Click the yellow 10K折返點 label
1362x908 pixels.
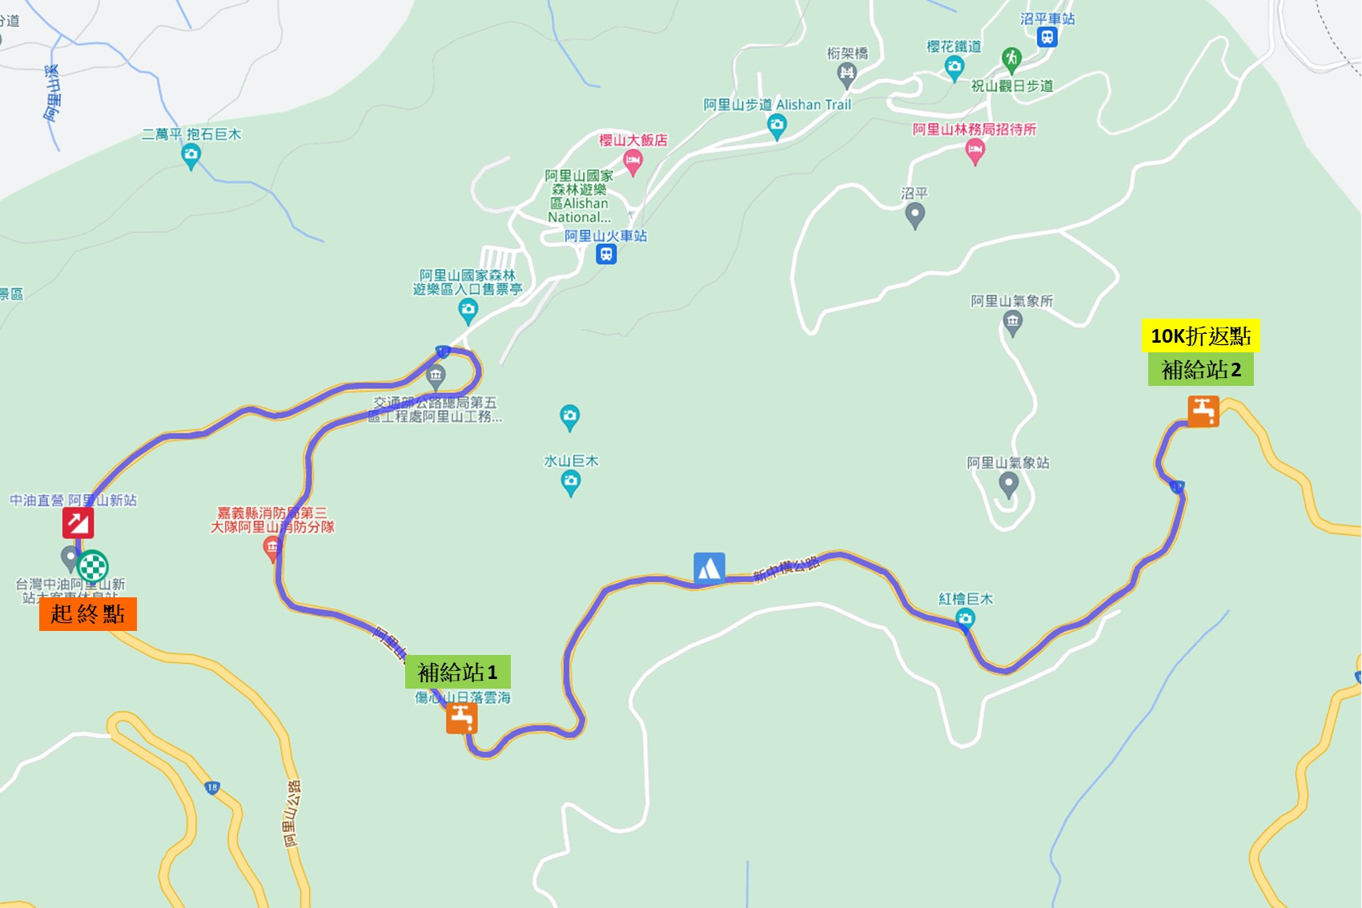click(1200, 335)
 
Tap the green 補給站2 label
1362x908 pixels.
click(1200, 369)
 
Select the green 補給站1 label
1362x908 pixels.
click(457, 672)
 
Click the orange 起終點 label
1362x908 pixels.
click(87, 614)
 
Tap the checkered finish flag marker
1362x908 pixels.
click(93, 566)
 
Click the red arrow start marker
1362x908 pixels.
click(78, 523)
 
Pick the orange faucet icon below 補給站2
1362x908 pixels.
click(1203, 412)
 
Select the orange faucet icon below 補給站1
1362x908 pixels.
click(462, 718)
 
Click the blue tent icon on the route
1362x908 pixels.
click(709, 568)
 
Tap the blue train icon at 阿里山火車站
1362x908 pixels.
click(606, 255)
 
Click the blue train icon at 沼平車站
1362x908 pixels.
click(1047, 37)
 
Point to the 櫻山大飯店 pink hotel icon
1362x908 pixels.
click(633, 163)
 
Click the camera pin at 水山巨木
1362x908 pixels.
click(570, 482)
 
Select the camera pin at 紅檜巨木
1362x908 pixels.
click(965, 617)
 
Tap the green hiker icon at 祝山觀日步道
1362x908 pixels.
click(1011, 58)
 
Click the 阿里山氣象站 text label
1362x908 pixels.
click(1007, 463)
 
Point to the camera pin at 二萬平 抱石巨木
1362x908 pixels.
click(191, 155)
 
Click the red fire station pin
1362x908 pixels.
click(271, 548)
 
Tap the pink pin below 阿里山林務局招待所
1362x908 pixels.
click(974, 150)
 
